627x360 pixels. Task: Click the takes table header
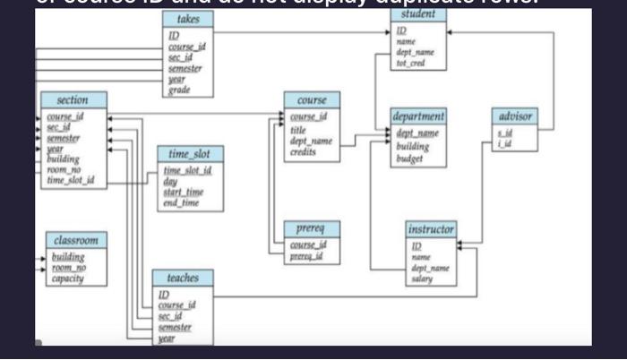(x=189, y=19)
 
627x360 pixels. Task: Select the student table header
(x=419, y=14)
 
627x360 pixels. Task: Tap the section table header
(x=73, y=100)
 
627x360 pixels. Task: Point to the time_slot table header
(x=190, y=154)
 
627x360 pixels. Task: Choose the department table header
(x=418, y=117)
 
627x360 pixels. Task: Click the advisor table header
(x=515, y=116)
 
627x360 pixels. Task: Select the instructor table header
(x=431, y=230)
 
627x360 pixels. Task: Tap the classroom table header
(x=76, y=241)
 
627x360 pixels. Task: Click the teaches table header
(x=183, y=279)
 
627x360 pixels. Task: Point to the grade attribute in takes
(x=178, y=90)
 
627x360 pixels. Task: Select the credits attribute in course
(x=304, y=153)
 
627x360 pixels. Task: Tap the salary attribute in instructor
(x=422, y=279)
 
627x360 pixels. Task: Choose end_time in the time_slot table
(x=181, y=203)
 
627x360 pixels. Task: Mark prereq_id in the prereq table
(x=307, y=258)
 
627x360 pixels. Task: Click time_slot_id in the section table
(x=70, y=180)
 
